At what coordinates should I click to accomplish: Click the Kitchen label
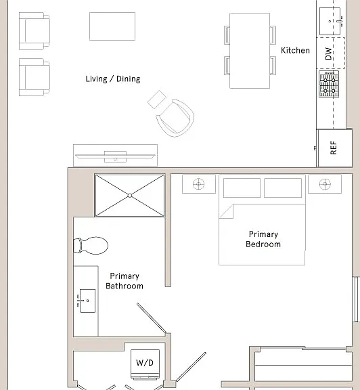tap(295, 51)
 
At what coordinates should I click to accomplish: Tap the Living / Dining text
tap(113, 79)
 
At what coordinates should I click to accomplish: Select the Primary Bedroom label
tap(263, 239)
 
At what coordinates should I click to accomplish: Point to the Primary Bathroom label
tap(125, 281)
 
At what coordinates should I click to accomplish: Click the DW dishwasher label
tap(328, 53)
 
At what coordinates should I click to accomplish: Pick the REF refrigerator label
tap(334, 148)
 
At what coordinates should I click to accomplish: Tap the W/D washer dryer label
tap(145, 363)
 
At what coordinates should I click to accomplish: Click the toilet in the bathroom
tap(91, 246)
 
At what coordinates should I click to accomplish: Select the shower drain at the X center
tap(130, 196)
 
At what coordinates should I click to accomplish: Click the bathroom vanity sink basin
tap(87, 301)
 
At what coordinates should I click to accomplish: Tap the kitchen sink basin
tap(330, 22)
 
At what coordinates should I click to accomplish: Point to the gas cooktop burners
tap(329, 84)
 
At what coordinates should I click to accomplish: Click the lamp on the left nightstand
tap(199, 184)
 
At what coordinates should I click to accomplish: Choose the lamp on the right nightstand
tap(325, 184)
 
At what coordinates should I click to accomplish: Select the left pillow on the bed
tap(242, 188)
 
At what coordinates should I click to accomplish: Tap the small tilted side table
tap(157, 100)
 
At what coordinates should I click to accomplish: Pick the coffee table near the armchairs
tap(112, 26)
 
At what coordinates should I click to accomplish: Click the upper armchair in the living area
tap(35, 31)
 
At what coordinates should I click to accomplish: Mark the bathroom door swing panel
tap(152, 318)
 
